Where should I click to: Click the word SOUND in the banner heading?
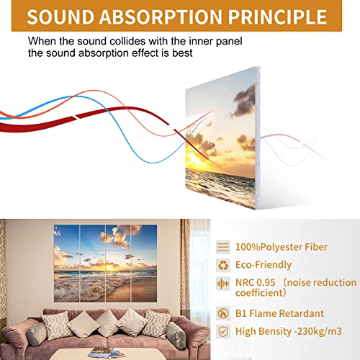[x=60, y=17]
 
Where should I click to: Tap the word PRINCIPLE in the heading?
[x=277, y=17]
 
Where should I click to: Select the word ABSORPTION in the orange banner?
[x=161, y=17]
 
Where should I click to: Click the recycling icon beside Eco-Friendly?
[x=223, y=265]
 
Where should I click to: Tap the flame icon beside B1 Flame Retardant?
[x=223, y=313]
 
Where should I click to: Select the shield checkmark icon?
[x=223, y=331]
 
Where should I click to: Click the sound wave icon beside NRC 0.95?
[x=223, y=284]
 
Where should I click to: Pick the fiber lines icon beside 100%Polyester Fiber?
[x=223, y=247]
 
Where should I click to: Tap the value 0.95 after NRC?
[x=265, y=283]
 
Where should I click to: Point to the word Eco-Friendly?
[x=264, y=265]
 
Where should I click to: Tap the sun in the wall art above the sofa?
[x=110, y=267]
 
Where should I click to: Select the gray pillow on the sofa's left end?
[x=36, y=334]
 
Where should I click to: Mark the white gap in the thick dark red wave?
[x=75, y=117]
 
